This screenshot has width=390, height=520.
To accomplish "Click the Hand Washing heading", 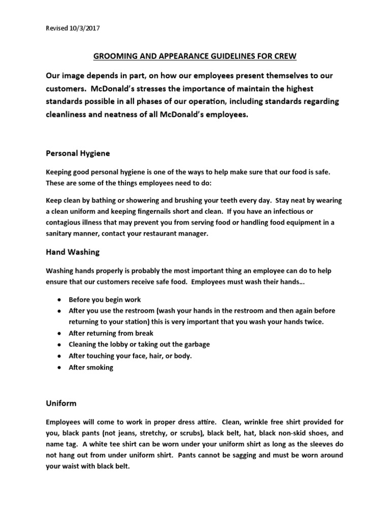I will point(73,251).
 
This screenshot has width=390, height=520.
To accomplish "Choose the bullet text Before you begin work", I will point(105,300).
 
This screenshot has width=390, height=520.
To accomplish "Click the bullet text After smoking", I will point(91,367).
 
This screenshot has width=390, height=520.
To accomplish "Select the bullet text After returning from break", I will point(111,333).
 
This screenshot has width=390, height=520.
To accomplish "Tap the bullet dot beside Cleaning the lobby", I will point(60,344).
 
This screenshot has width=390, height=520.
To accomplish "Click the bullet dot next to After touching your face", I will point(60,356).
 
